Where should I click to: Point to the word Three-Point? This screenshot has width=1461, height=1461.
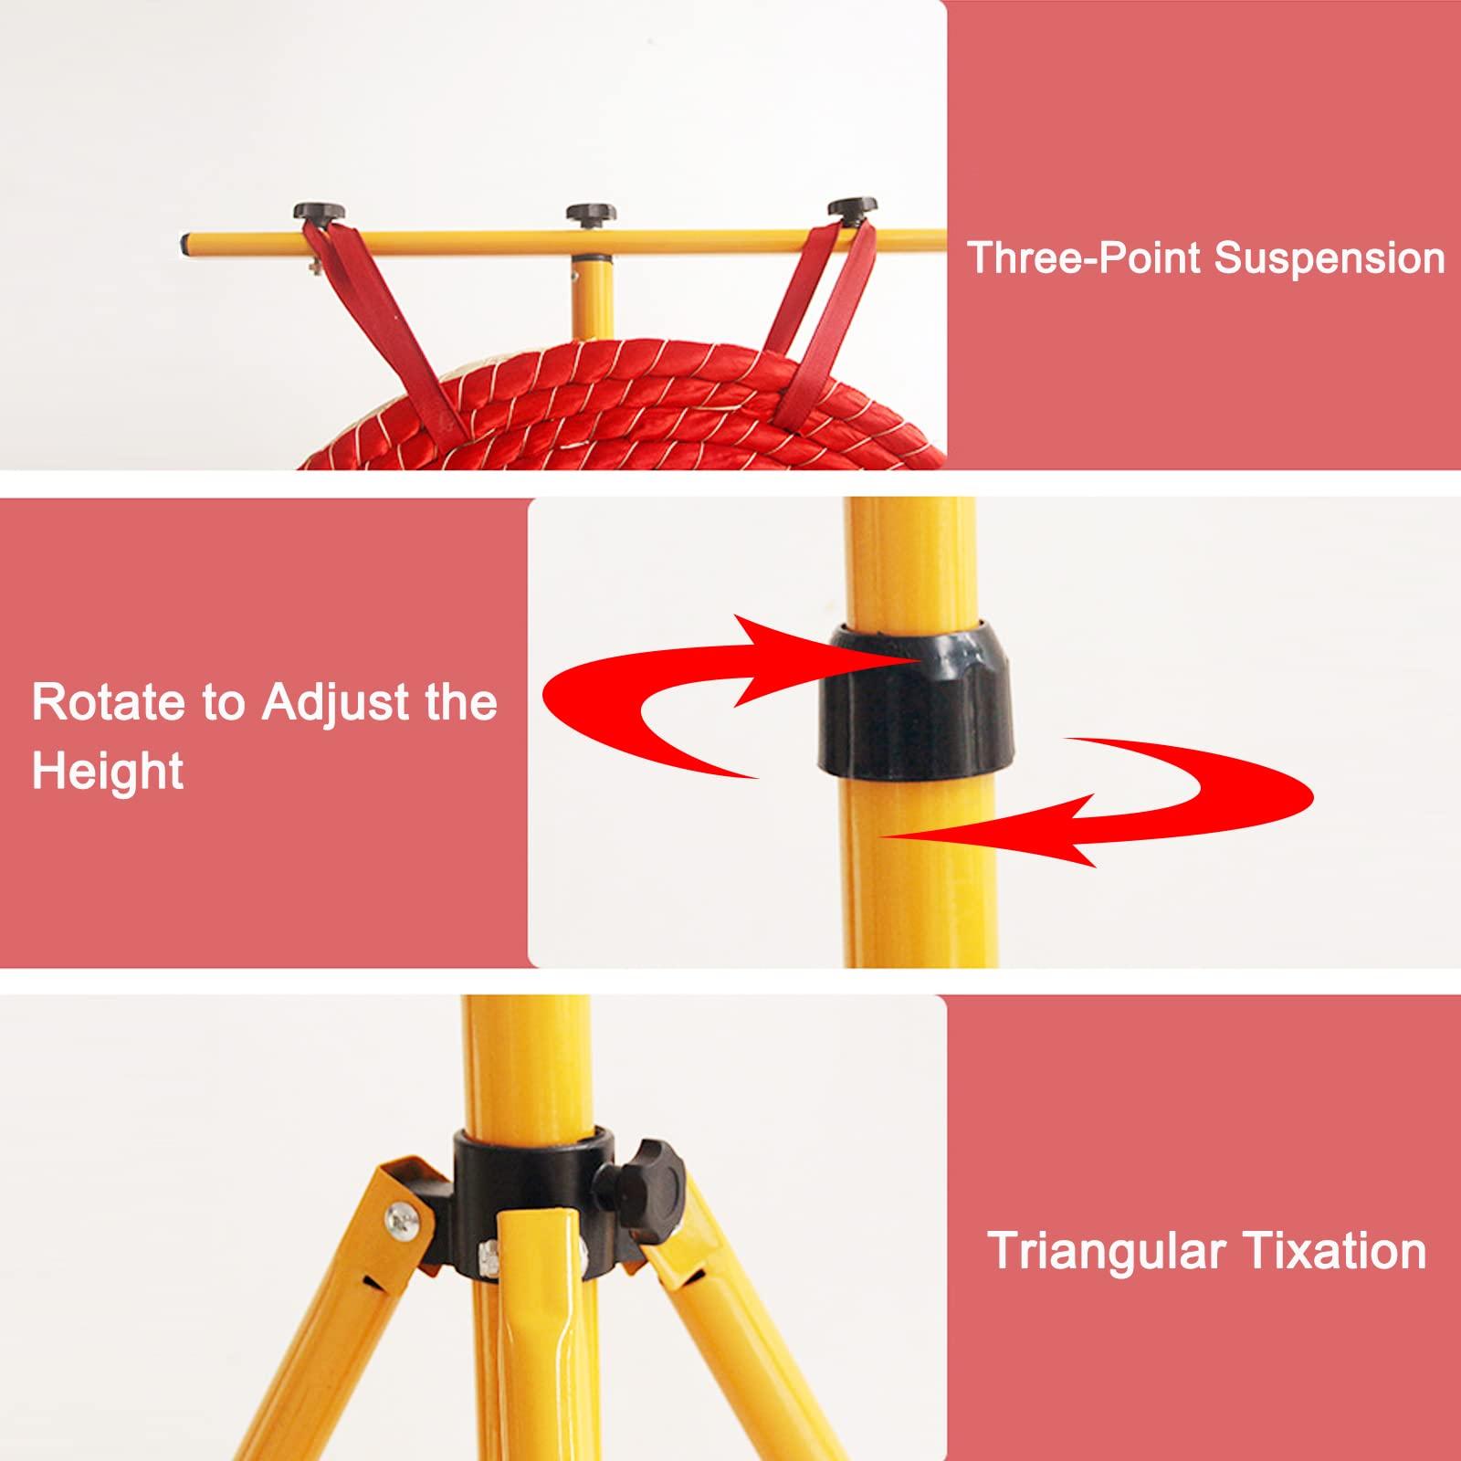click(1086, 258)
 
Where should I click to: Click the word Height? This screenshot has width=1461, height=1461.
click(108, 772)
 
